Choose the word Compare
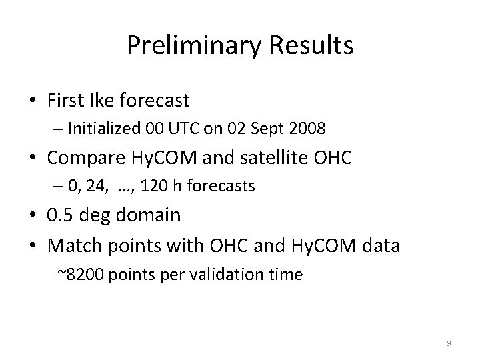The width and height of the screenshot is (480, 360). click(83, 159)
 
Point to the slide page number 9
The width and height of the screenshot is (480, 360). click(449, 343)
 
